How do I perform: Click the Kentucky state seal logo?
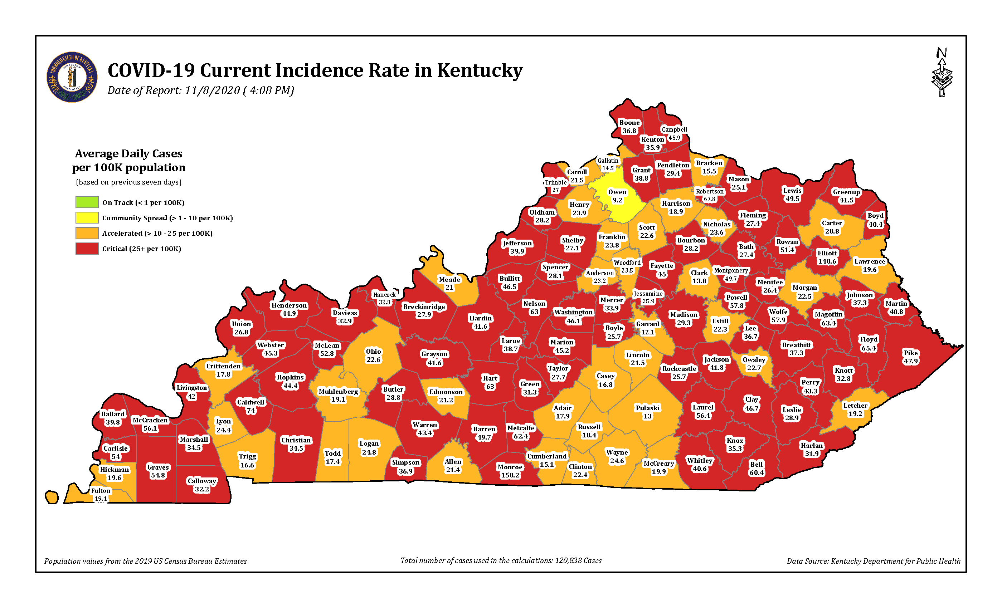tap(72, 77)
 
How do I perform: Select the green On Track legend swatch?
tap(87, 202)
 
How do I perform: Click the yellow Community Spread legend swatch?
tap(87, 217)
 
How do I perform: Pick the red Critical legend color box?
tap(87, 248)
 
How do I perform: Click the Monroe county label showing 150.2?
tap(510, 471)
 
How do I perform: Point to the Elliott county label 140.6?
tap(827, 257)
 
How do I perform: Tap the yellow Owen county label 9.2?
tap(617, 196)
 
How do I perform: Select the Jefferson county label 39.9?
tap(517, 247)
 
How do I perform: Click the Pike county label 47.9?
tap(910, 357)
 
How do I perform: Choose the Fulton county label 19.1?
tap(101, 494)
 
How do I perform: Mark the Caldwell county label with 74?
tap(250, 406)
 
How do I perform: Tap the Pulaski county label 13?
tap(647, 412)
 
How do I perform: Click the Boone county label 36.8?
tap(629, 126)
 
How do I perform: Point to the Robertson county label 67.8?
tap(709, 195)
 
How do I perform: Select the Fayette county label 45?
tap(662, 269)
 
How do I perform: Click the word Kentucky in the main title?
tap(480, 70)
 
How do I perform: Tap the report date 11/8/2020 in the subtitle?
tap(212, 90)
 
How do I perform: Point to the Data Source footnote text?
tap(873, 561)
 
